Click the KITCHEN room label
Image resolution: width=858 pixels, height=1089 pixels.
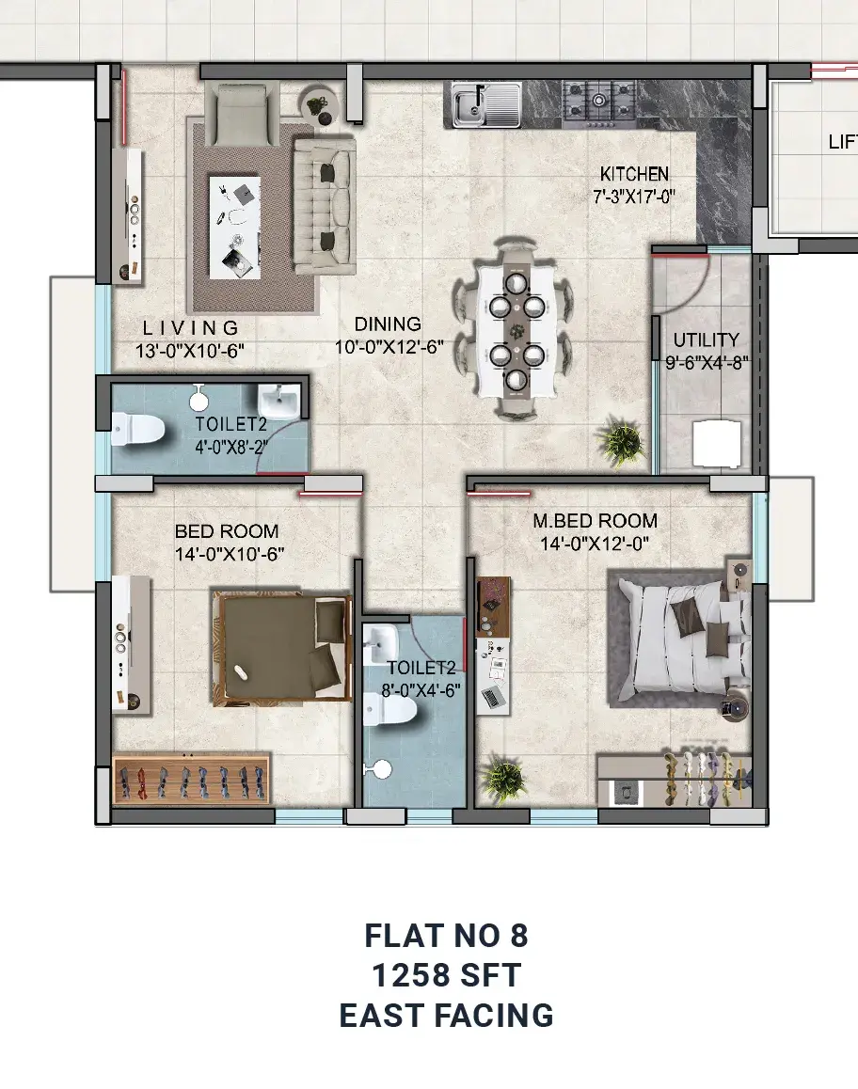[634, 174]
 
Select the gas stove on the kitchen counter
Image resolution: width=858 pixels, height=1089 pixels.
[599, 104]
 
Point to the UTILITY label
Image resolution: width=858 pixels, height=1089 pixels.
[706, 340]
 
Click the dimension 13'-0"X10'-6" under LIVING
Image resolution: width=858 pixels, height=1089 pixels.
[190, 352]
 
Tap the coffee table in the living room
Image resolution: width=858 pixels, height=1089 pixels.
[235, 227]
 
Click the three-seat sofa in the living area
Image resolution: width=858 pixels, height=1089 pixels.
[325, 206]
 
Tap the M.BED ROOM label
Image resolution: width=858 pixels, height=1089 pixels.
[595, 521]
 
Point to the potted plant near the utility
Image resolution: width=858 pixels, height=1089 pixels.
[620, 441]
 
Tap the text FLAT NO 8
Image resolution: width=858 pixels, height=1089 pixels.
[446, 936]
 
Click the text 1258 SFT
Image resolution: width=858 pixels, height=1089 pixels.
[446, 975]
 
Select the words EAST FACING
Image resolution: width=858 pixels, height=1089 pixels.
[446, 1016]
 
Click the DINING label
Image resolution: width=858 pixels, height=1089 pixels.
[388, 324]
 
